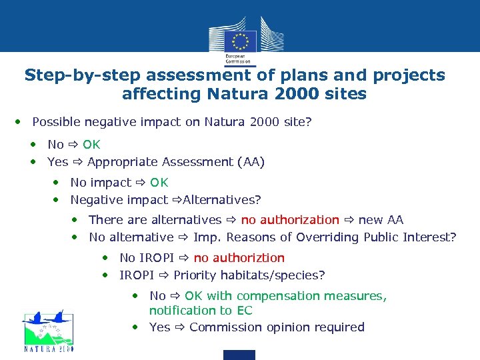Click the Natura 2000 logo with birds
(48, 330)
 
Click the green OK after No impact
(159, 183)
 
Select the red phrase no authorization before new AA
(290, 220)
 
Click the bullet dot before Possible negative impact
(19, 123)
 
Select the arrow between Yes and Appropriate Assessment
(77, 162)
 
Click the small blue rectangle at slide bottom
(239, 355)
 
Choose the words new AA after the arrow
(381, 220)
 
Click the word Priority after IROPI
(195, 275)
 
